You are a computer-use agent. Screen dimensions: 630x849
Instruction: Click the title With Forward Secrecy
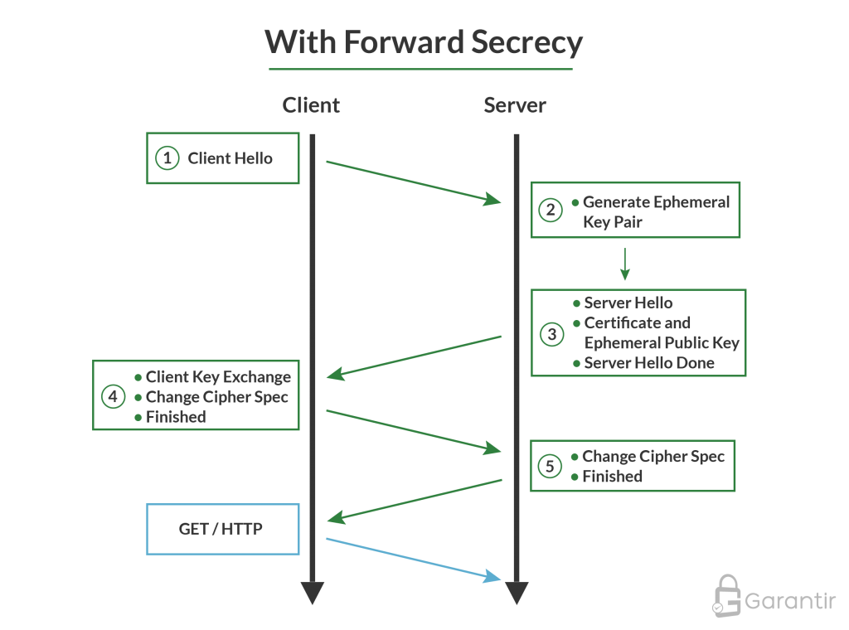tap(424, 42)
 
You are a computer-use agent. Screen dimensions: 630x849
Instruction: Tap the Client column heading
tap(311, 105)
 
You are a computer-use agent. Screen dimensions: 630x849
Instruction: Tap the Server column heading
tap(515, 105)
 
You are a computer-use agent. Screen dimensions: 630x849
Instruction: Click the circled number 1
tap(167, 157)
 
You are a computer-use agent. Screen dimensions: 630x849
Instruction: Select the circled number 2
tap(551, 211)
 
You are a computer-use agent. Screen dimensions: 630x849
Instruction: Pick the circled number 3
tap(551, 334)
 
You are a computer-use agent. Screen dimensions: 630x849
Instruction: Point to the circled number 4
tap(114, 397)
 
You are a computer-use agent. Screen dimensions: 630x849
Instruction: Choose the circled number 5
tap(550, 467)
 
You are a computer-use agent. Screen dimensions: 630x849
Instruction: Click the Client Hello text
tap(230, 158)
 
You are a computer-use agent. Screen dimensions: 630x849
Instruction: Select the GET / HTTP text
tap(221, 529)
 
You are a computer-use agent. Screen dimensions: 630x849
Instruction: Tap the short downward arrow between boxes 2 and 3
tap(625, 265)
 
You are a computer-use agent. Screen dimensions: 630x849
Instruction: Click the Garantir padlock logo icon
tap(727, 596)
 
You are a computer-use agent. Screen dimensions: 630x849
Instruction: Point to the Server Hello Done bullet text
tap(648, 363)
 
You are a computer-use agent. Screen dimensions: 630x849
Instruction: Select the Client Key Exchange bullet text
tap(218, 377)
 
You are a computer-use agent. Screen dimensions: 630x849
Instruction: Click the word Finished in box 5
tap(612, 477)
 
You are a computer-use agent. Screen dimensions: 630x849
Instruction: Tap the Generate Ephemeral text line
tap(656, 202)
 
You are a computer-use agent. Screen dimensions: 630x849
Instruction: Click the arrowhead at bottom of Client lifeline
tap(313, 594)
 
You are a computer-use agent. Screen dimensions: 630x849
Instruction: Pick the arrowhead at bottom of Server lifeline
tap(516, 594)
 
